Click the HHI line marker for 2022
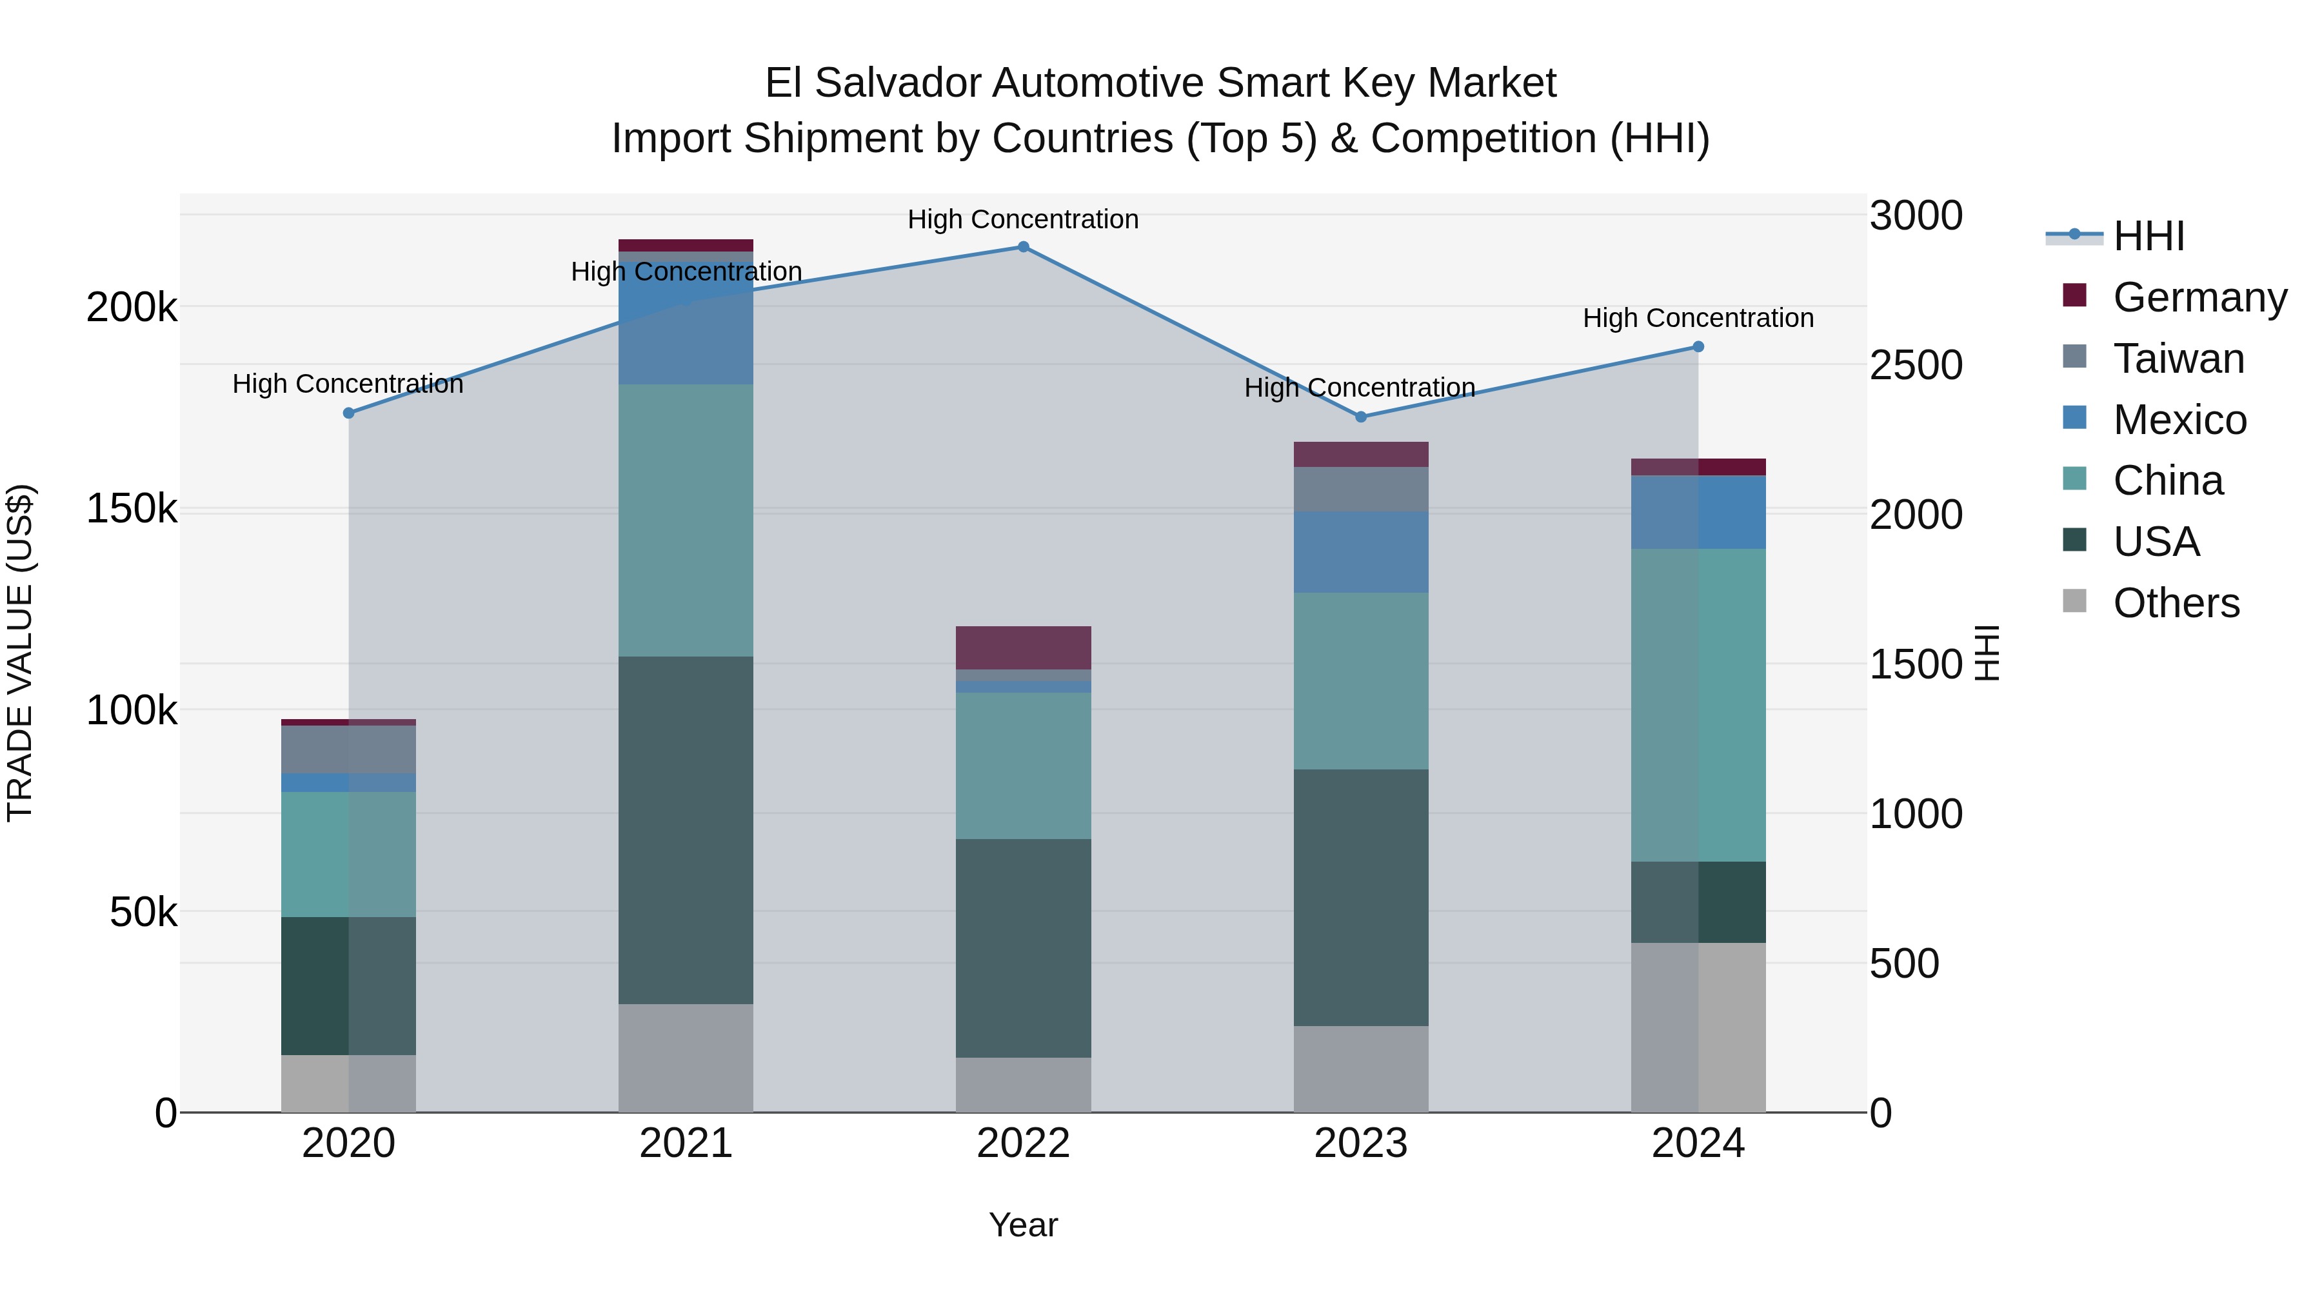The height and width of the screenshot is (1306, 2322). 1023,247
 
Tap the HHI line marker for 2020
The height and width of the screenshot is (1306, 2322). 349,413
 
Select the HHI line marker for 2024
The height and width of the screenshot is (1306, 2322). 1698,347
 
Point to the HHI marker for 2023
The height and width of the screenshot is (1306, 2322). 1361,417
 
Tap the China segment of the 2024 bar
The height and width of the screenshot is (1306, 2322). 1698,705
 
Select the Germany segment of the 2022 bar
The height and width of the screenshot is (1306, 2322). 1023,647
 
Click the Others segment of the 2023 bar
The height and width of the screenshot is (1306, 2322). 1361,1068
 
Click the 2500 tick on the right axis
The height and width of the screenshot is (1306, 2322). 1916,365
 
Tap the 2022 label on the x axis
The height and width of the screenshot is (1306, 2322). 1023,1143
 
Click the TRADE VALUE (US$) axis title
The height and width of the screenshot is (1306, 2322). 20,653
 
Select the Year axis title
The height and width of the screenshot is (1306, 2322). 1023,1225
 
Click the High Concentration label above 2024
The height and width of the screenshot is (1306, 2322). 1698,318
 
